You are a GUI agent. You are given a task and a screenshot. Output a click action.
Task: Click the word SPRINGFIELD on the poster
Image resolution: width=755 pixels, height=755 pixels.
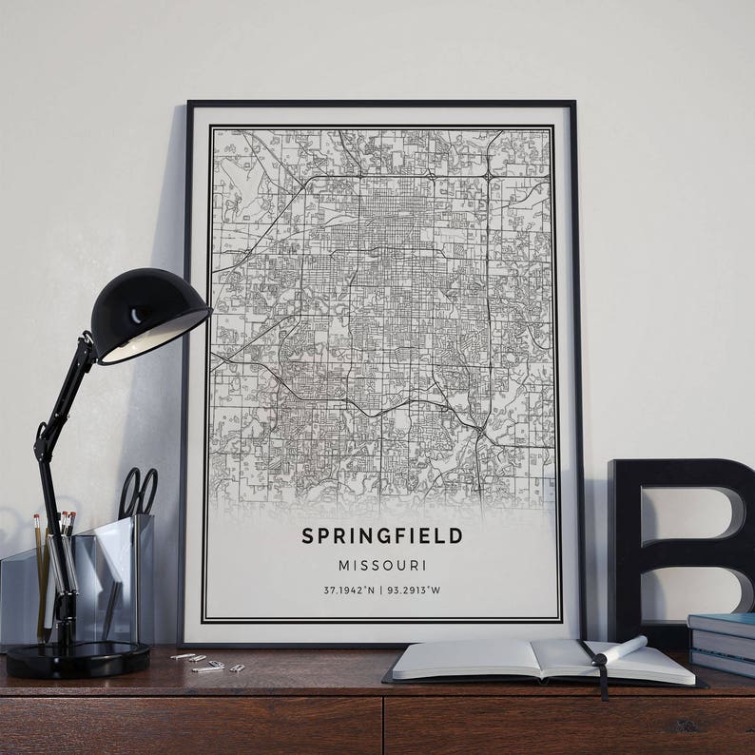click(382, 535)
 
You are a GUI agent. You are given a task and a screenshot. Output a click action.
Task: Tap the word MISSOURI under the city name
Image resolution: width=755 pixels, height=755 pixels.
click(382, 565)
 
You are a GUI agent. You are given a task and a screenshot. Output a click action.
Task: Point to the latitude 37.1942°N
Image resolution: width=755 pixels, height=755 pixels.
click(348, 590)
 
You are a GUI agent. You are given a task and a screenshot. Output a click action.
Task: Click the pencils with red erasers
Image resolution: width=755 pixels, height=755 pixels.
click(67, 524)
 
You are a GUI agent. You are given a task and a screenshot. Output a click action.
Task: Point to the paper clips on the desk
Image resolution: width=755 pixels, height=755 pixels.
click(204, 662)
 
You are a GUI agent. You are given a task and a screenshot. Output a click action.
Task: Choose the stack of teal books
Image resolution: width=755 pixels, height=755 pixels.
click(722, 643)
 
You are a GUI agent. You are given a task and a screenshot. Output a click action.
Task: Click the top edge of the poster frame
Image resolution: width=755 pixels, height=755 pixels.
click(380, 103)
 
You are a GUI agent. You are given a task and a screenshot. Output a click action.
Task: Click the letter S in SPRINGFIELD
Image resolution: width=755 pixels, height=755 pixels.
click(307, 535)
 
